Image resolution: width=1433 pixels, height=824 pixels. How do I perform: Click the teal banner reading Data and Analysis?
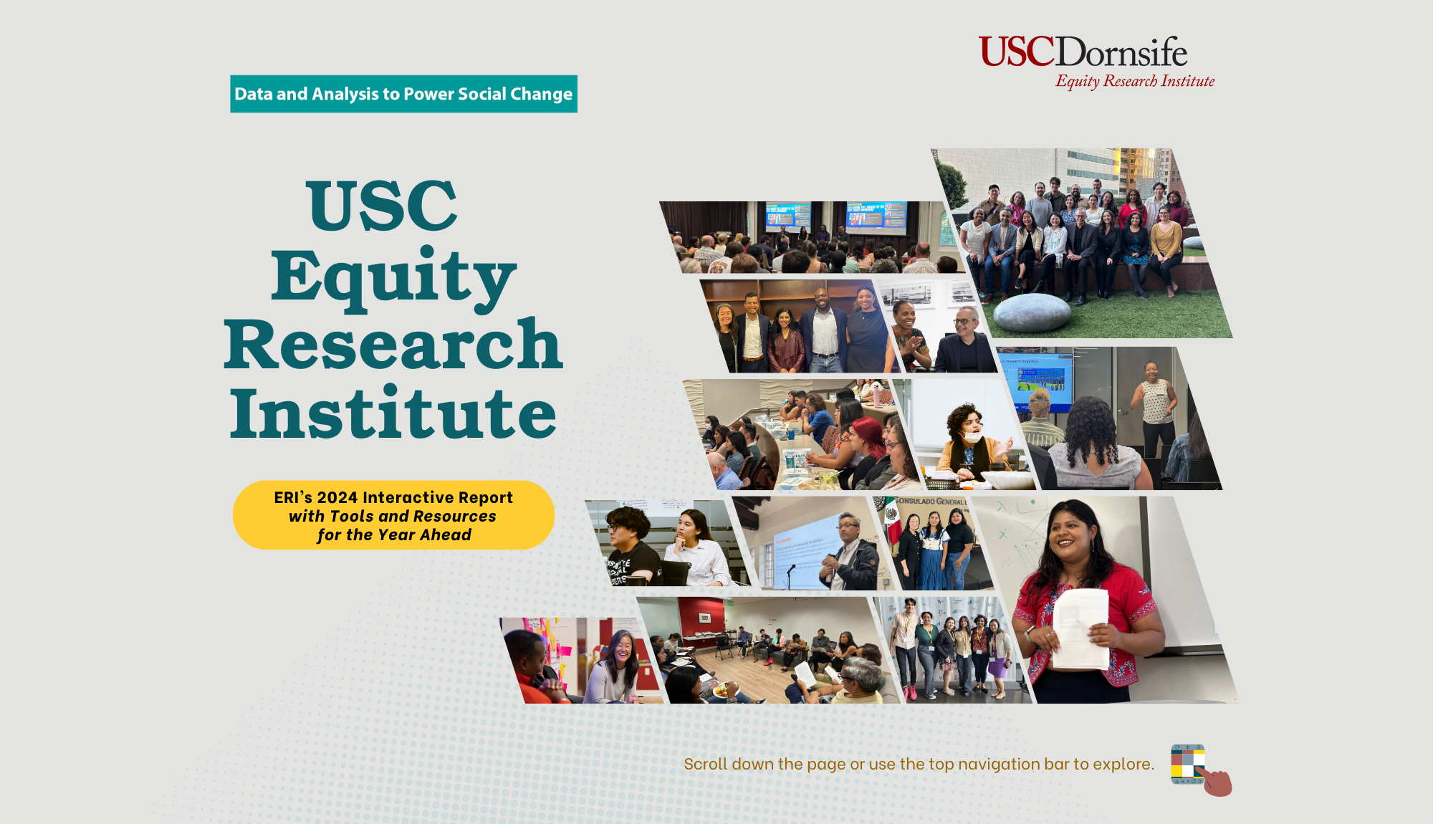click(x=403, y=94)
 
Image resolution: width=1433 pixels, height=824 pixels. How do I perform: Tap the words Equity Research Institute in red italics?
click(x=1135, y=81)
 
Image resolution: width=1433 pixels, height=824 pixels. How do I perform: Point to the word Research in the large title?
click(x=393, y=345)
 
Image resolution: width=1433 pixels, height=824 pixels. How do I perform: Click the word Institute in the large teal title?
click(x=393, y=413)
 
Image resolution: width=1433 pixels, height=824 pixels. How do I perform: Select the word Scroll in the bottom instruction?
click(x=705, y=764)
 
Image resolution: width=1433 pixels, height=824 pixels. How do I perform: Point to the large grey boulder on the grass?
click(x=1032, y=312)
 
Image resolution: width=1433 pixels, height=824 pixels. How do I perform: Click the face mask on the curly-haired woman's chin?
click(x=972, y=437)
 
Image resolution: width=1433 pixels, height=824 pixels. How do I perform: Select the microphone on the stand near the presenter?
click(x=792, y=569)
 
